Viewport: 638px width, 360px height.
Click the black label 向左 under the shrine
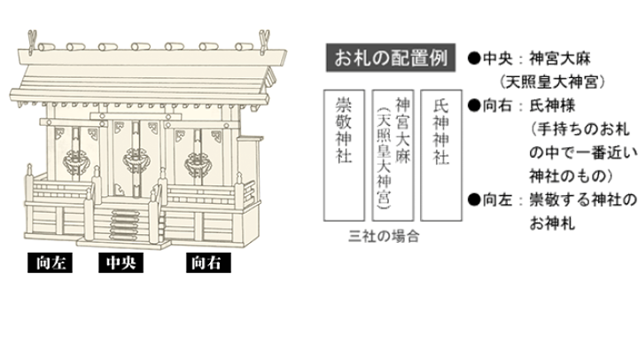[50, 262]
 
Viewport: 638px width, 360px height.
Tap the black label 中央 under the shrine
[121, 262]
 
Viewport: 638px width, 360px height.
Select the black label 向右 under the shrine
[208, 262]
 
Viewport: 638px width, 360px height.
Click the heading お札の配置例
[391, 58]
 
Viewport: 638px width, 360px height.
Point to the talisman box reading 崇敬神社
[344, 155]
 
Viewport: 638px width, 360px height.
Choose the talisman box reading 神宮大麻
[393, 155]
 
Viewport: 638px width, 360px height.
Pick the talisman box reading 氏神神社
[441, 155]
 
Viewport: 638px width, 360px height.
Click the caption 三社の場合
[384, 236]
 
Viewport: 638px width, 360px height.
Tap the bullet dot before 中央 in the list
[474, 59]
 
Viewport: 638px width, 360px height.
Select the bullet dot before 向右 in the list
[474, 106]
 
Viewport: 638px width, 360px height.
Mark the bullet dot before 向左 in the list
[474, 200]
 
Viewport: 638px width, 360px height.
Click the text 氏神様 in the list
[552, 106]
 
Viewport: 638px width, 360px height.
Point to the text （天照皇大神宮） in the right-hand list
[552, 82]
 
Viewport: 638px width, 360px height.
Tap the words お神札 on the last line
[552, 223]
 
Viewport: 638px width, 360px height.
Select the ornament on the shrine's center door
[136, 160]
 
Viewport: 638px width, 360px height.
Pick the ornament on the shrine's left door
[76, 160]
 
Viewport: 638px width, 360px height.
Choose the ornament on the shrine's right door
[198, 163]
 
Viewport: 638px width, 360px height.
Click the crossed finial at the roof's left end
[32, 41]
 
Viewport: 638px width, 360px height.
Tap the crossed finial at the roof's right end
[264, 41]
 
